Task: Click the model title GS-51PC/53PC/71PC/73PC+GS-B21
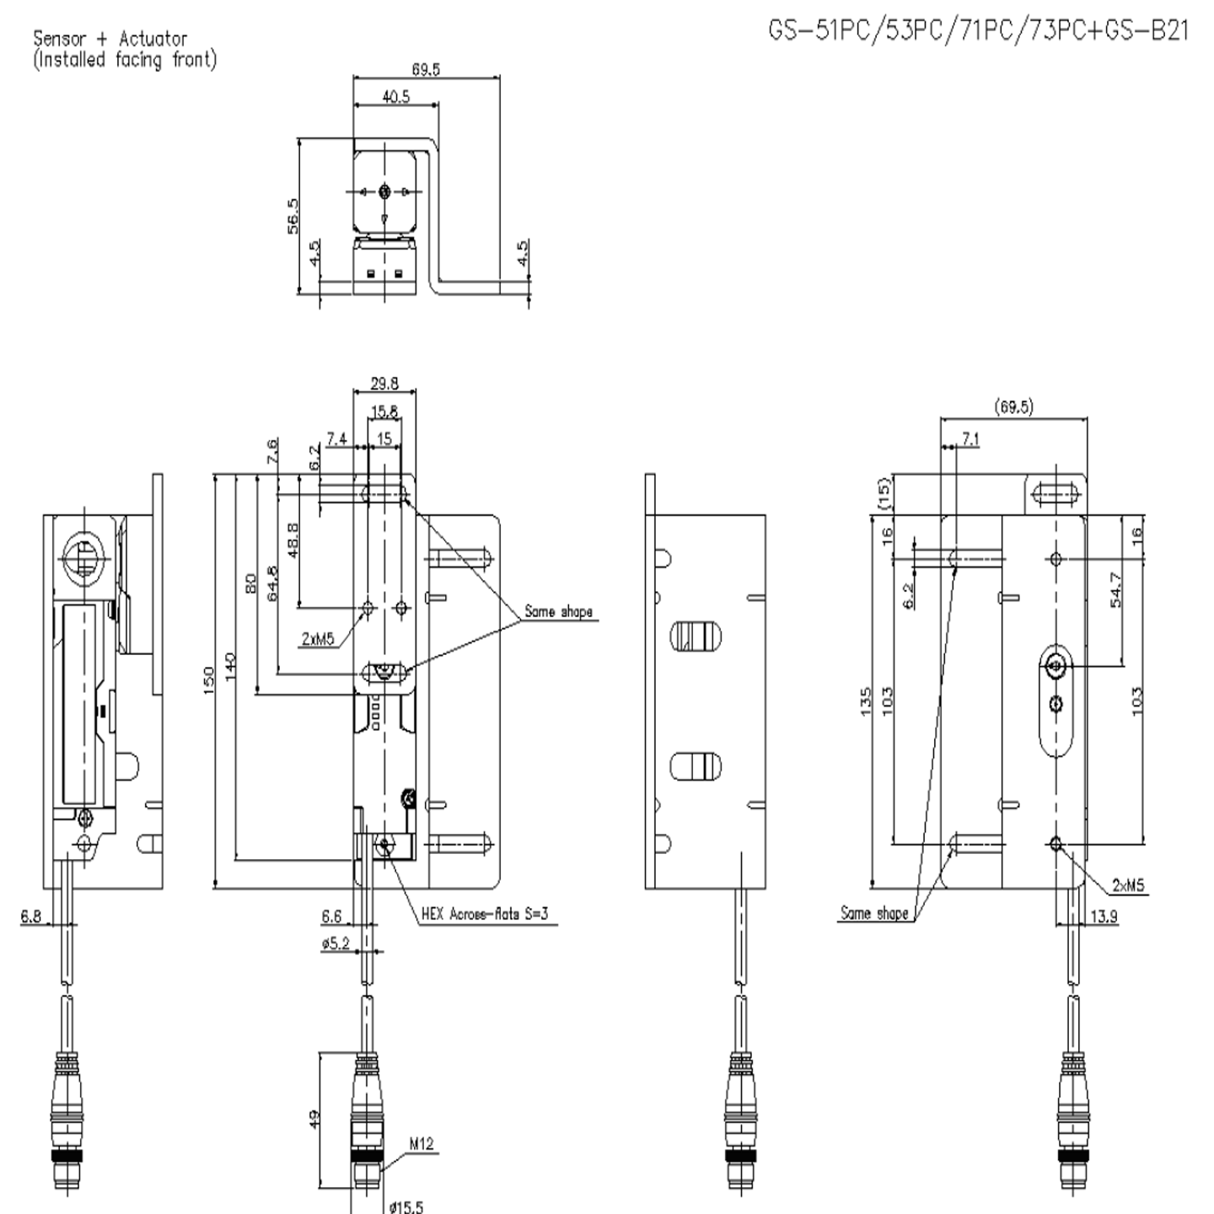click(978, 31)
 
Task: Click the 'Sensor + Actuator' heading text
click(110, 39)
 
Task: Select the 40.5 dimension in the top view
click(395, 97)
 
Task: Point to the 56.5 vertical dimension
click(292, 216)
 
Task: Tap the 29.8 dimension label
click(384, 384)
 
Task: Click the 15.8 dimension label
click(384, 411)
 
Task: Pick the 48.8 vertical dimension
click(292, 540)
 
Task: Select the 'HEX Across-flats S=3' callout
click(488, 914)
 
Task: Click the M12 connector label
click(422, 1144)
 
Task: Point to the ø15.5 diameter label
click(406, 1206)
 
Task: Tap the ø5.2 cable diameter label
click(335, 943)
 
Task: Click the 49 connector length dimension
click(314, 1119)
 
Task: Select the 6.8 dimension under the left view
click(30, 916)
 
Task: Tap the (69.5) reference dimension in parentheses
click(1013, 407)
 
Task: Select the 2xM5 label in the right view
click(1128, 885)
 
